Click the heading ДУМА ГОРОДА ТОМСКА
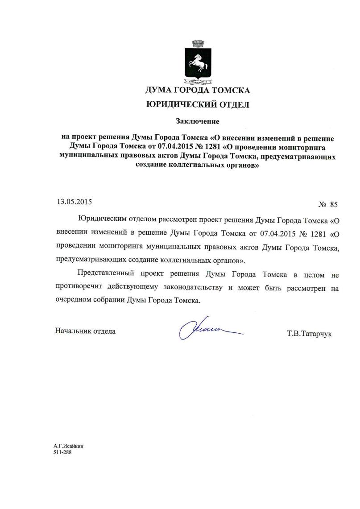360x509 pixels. (x=198, y=91)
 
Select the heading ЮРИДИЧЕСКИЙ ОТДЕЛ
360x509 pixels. (x=198, y=105)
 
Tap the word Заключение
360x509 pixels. (x=198, y=121)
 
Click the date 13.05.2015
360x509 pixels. (x=74, y=201)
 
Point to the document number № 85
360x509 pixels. (x=328, y=205)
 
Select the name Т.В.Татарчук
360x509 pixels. (x=310, y=333)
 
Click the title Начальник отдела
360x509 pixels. (x=85, y=331)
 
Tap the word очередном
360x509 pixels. (x=73, y=301)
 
